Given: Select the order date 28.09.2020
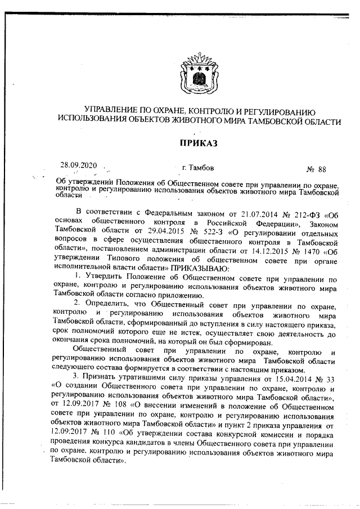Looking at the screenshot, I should [79, 165].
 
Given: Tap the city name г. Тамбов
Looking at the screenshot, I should [198, 168].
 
